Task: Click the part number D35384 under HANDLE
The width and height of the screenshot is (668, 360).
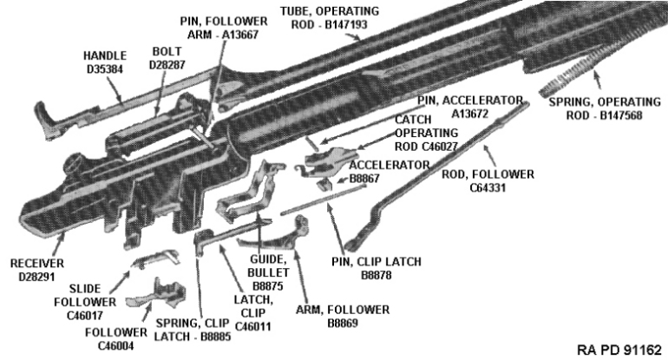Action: pyautogui.click(x=105, y=69)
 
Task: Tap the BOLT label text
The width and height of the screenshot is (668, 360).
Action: pyautogui.click(x=167, y=51)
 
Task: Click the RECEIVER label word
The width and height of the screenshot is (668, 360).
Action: pyautogui.click(x=37, y=264)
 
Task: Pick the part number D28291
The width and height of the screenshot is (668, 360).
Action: pyautogui.click(x=37, y=277)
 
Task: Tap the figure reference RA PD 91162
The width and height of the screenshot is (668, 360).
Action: pyautogui.click(x=619, y=350)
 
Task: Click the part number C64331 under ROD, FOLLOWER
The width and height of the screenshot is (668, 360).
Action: pyautogui.click(x=488, y=187)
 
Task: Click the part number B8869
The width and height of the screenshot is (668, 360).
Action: pyautogui.click(x=343, y=324)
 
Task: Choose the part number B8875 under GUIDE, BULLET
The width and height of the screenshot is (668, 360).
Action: pyautogui.click(x=268, y=286)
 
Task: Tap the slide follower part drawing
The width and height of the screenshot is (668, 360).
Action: pyautogui.click(x=156, y=259)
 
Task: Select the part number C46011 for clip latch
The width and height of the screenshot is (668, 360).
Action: pyautogui.click(x=252, y=327)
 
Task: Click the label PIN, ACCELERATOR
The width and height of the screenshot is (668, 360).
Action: pyautogui.click(x=470, y=101)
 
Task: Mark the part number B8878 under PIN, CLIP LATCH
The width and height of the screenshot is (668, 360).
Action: pyautogui.click(x=377, y=275)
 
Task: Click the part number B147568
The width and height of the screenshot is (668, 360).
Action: pyautogui.click(x=604, y=115)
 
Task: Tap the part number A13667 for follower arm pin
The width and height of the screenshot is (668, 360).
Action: pyautogui.click(x=223, y=35)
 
